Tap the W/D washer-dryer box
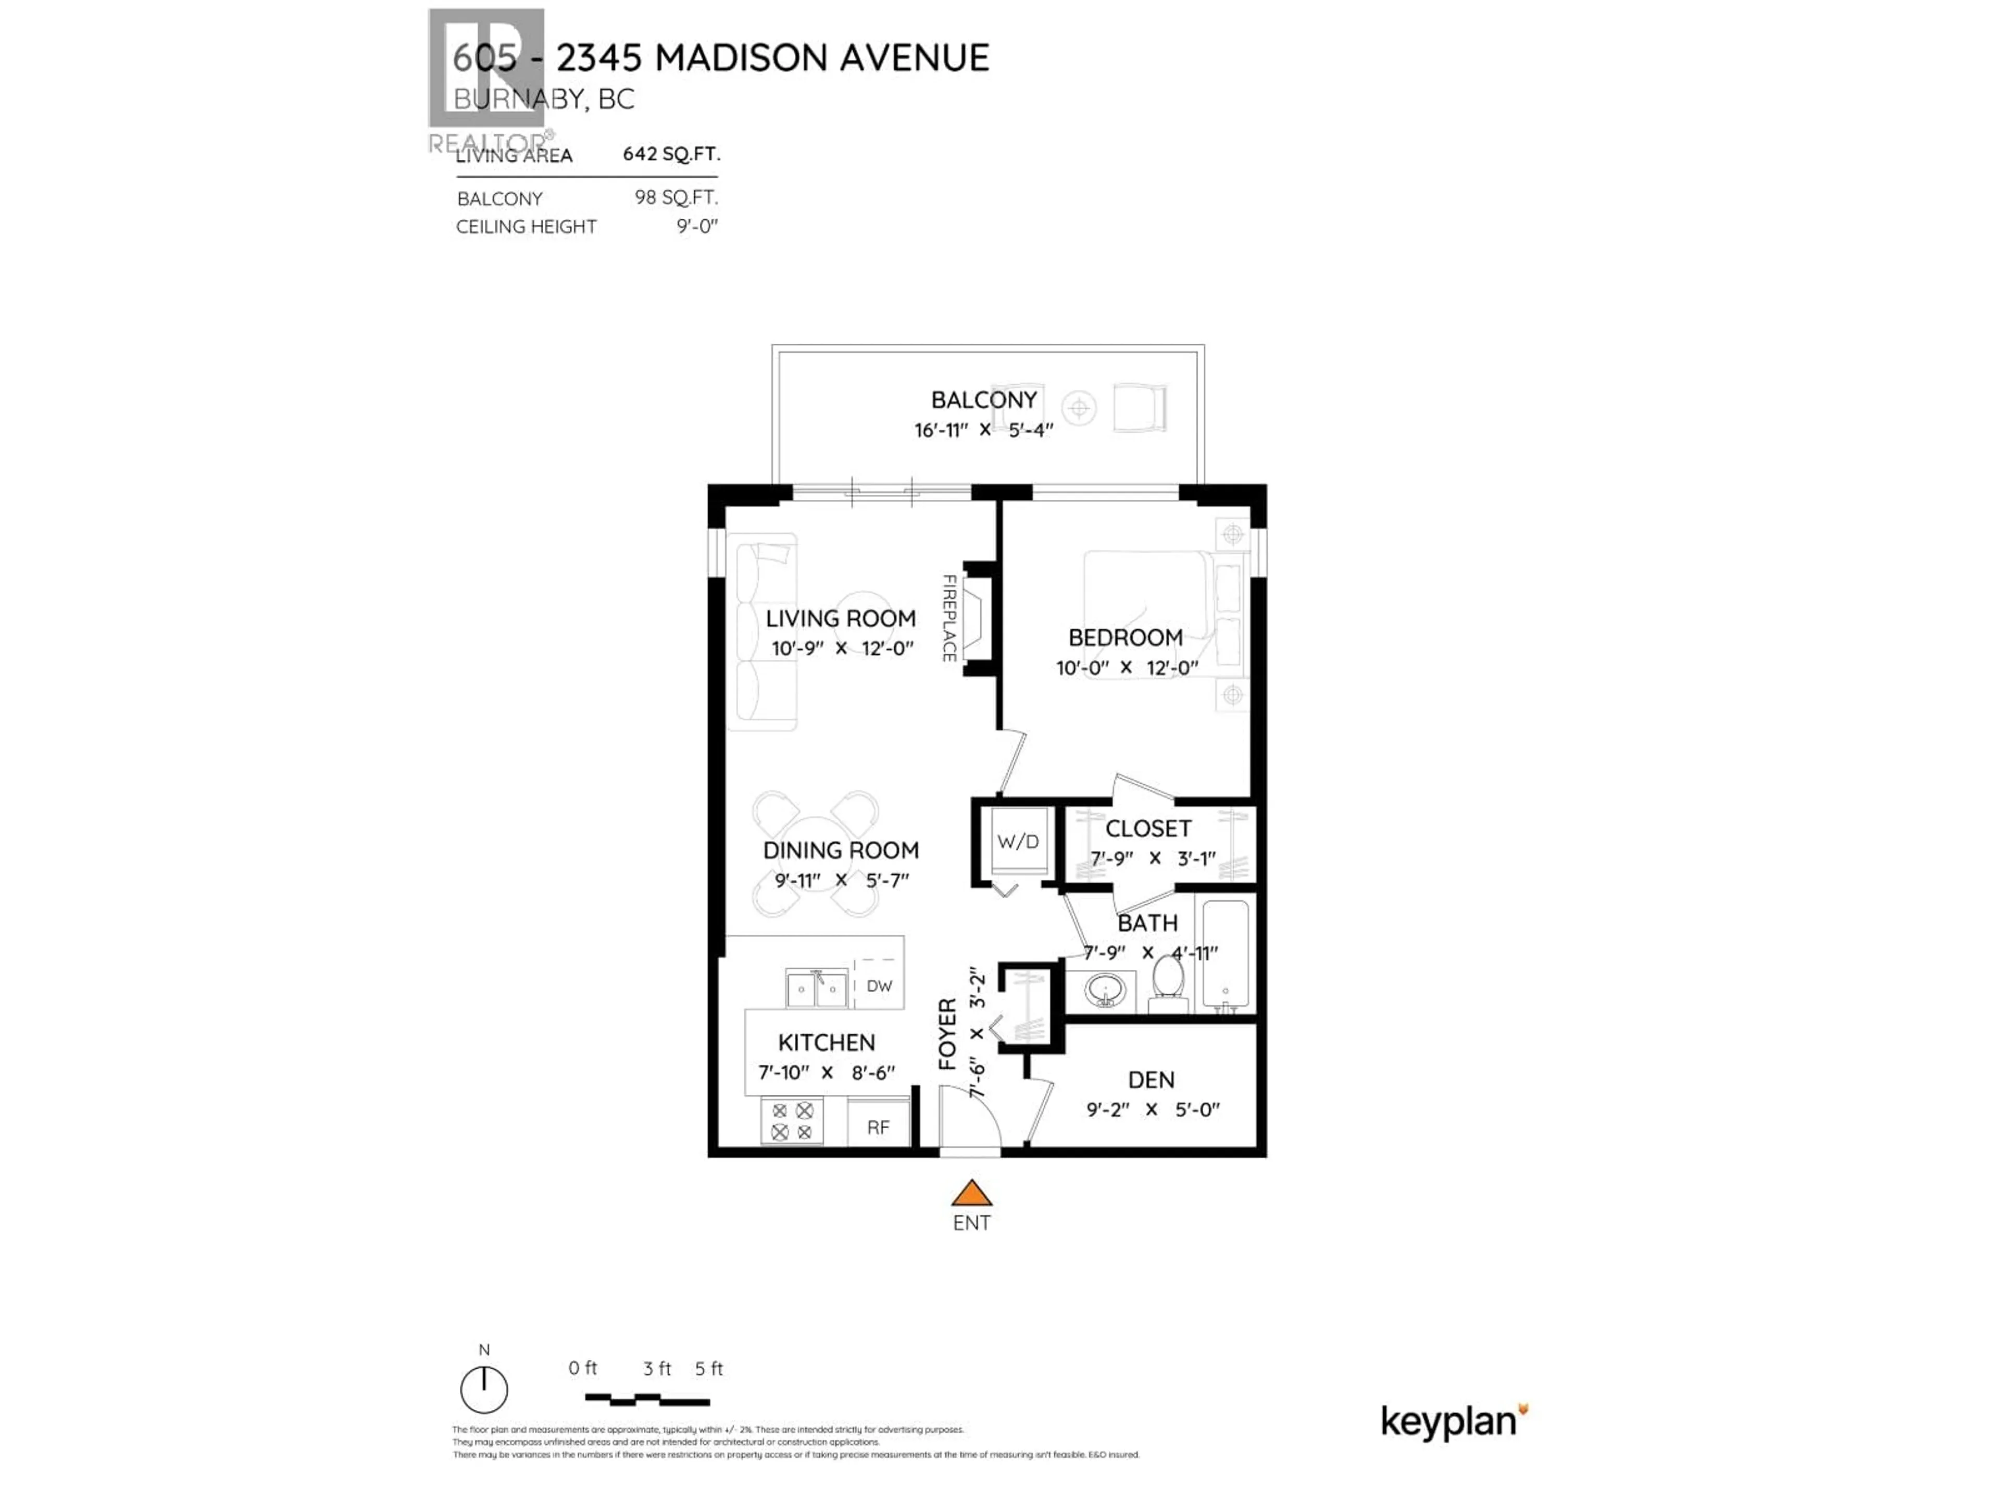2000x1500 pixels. (x=1018, y=842)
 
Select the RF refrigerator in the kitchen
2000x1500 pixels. (x=878, y=1127)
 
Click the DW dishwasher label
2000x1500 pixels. (x=879, y=985)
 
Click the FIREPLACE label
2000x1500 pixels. (x=949, y=618)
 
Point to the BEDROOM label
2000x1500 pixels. (x=1126, y=637)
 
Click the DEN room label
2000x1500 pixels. (x=1151, y=1080)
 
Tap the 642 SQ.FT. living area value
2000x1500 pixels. (x=671, y=154)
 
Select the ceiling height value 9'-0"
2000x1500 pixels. (x=697, y=226)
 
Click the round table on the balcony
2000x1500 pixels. (x=1079, y=409)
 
